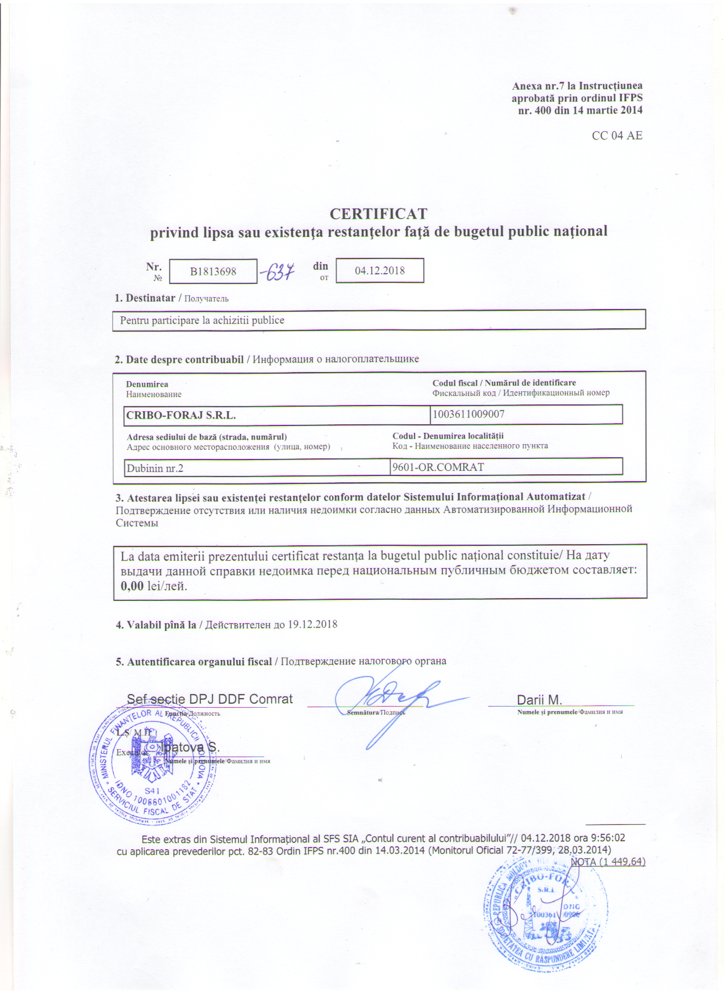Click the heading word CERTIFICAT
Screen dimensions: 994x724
coord(378,214)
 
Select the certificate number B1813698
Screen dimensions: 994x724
coord(213,272)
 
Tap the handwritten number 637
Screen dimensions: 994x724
coord(278,272)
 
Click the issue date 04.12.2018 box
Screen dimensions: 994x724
coord(380,270)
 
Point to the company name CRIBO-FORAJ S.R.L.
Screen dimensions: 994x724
coord(181,415)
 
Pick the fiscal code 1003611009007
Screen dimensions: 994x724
coord(468,414)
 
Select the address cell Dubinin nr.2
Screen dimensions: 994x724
coord(155,469)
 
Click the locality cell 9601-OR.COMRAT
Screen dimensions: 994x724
coord(438,467)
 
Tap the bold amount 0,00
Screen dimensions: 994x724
coord(132,586)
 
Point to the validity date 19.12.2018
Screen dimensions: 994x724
coord(312,624)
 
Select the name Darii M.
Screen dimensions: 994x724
coord(539,700)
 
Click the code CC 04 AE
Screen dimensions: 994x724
coord(617,135)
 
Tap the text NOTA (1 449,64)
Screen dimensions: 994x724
coord(608,862)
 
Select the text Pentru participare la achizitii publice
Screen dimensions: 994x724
coord(202,320)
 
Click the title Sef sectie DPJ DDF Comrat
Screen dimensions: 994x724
coord(210,699)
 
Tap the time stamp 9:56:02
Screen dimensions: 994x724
coord(606,838)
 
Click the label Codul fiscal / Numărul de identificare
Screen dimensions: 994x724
coord(504,383)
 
